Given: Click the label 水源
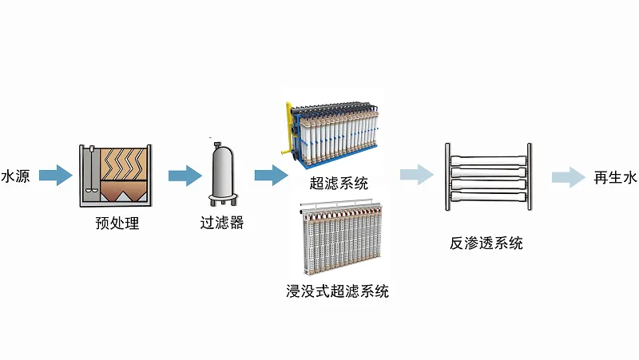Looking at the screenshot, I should tap(15, 176).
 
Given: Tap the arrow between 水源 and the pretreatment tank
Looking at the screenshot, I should tap(55, 175).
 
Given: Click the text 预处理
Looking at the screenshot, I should tap(117, 224).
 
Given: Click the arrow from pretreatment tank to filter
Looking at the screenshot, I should tap(183, 175).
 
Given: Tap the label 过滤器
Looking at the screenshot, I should tap(221, 224).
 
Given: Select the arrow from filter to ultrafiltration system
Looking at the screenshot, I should tap(270, 175).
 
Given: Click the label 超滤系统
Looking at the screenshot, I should tap(339, 184).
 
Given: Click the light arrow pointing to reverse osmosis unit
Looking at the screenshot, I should tap(415, 175).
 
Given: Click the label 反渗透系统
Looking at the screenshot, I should tap(486, 243).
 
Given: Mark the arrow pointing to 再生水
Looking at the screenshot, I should tap(568, 177).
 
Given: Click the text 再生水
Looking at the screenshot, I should tap(614, 177).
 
